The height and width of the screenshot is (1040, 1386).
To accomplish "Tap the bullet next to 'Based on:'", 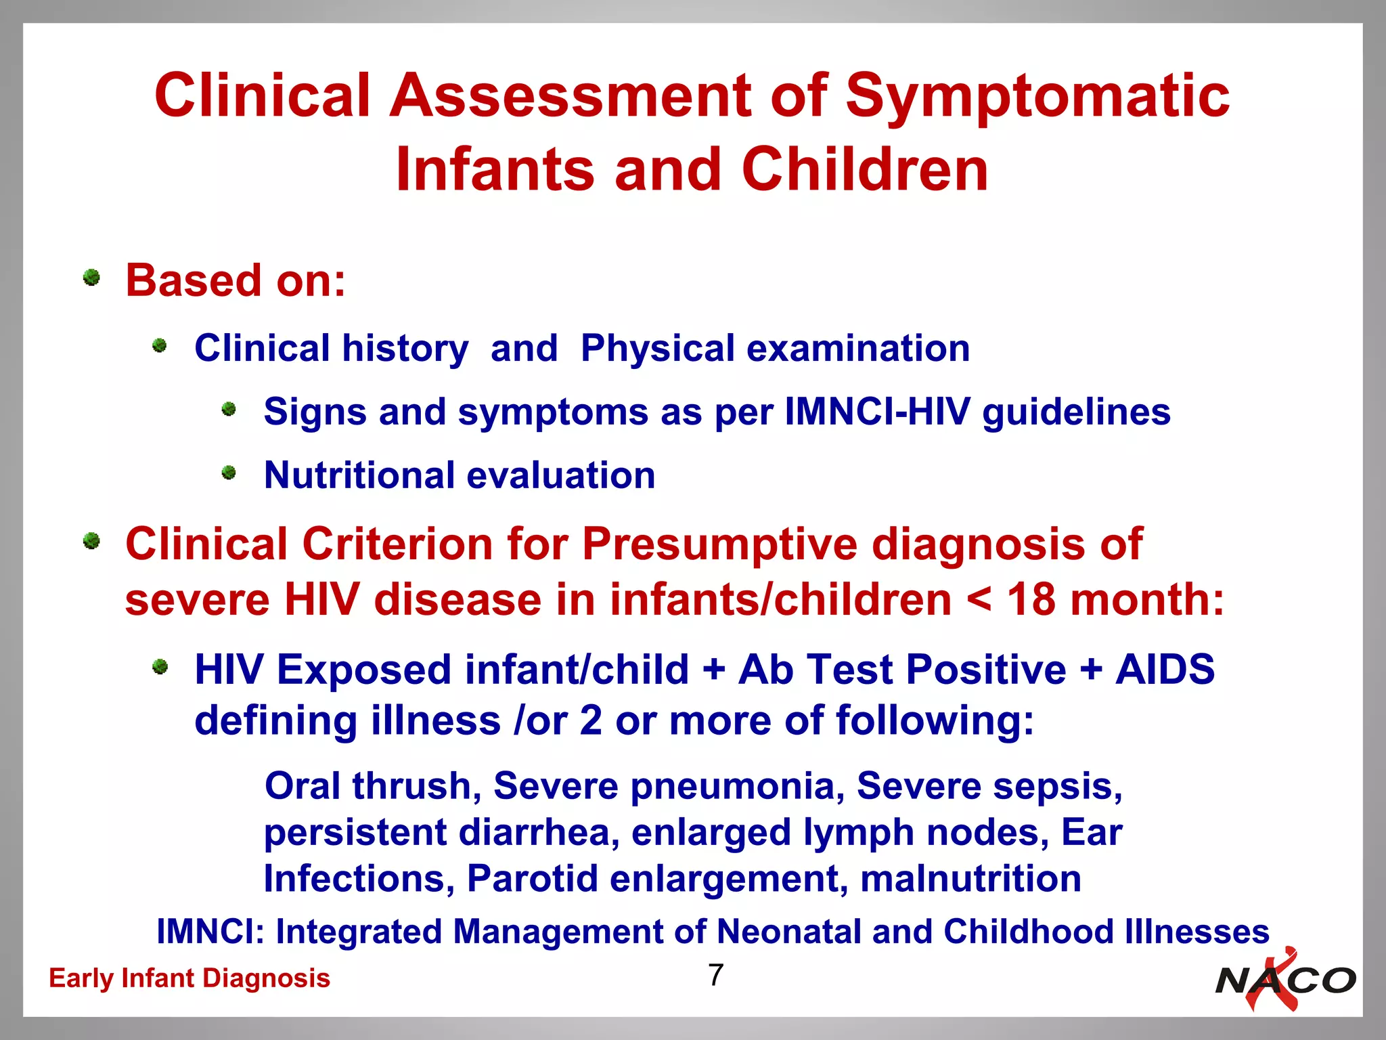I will click(x=91, y=278).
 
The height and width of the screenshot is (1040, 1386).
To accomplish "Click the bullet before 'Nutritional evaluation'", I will click(x=229, y=473).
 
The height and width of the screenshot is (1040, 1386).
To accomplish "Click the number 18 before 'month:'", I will click(x=1031, y=600).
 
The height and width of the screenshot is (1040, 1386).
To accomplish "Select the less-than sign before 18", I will click(x=979, y=600).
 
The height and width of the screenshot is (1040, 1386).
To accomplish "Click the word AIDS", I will click(x=1165, y=670).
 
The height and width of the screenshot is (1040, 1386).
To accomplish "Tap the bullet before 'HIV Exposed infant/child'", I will click(x=160, y=667).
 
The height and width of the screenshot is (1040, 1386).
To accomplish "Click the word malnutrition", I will click(x=970, y=878).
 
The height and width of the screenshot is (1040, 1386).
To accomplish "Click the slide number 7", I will click(x=716, y=975).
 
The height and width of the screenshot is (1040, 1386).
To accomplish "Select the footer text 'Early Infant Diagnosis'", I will click(x=189, y=978).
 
